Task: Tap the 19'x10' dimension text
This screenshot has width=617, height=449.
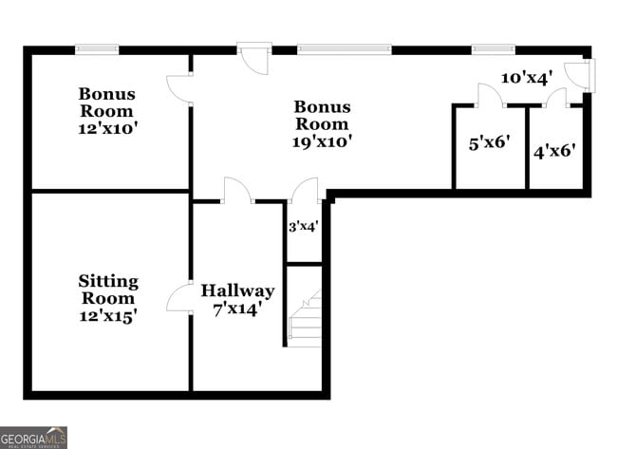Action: pyautogui.click(x=322, y=141)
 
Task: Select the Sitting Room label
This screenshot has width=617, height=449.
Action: pyautogui.click(x=107, y=290)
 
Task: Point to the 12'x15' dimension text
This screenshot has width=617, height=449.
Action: pyautogui.click(x=107, y=316)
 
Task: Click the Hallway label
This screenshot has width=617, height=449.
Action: pyautogui.click(x=237, y=290)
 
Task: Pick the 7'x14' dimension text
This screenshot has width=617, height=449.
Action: pyautogui.click(x=237, y=308)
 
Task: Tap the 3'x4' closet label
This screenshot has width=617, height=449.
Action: pyautogui.click(x=303, y=227)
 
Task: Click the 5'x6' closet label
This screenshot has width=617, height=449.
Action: pyautogui.click(x=490, y=143)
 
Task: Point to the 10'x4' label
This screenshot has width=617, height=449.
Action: pyautogui.click(x=526, y=79)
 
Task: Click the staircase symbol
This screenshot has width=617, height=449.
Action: pyautogui.click(x=305, y=319)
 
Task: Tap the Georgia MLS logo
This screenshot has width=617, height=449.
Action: pyautogui.click(x=34, y=437)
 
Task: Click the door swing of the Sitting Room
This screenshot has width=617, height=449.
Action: pyautogui.click(x=178, y=299)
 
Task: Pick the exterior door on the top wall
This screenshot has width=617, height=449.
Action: pyautogui.click(x=253, y=57)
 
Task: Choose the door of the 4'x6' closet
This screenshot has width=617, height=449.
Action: pyautogui.click(x=555, y=97)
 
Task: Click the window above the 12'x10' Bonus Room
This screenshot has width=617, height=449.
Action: pyautogui.click(x=97, y=49)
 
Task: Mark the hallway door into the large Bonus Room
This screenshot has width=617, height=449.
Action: pyautogui.click(x=236, y=190)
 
